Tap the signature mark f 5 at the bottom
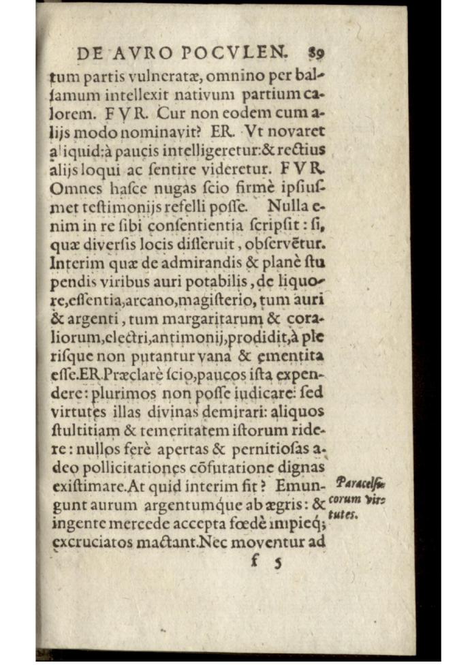coord(265,563)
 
